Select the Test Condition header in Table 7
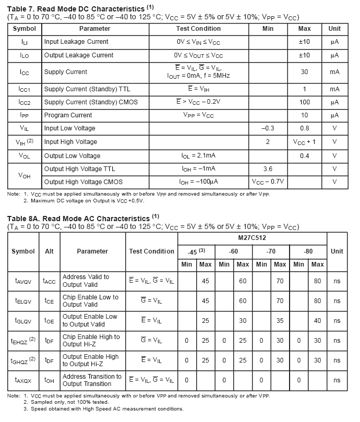(x=198, y=29)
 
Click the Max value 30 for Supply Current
(x=304, y=72)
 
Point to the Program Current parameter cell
(x=68, y=115)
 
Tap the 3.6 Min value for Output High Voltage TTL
(x=268, y=169)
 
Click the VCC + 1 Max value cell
(x=304, y=141)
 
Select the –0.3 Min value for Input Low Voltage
(x=268, y=128)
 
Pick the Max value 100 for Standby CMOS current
(x=304, y=102)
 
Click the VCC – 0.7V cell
(x=268, y=182)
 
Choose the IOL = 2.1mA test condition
(x=198, y=156)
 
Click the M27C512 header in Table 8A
(x=252, y=238)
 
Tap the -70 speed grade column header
(x=270, y=251)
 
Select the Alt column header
(x=50, y=251)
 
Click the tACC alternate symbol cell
(x=50, y=281)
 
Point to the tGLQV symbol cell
(x=23, y=321)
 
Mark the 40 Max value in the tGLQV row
(x=317, y=321)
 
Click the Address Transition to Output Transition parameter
(x=92, y=380)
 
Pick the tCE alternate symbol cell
(x=50, y=301)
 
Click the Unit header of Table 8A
(x=337, y=251)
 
